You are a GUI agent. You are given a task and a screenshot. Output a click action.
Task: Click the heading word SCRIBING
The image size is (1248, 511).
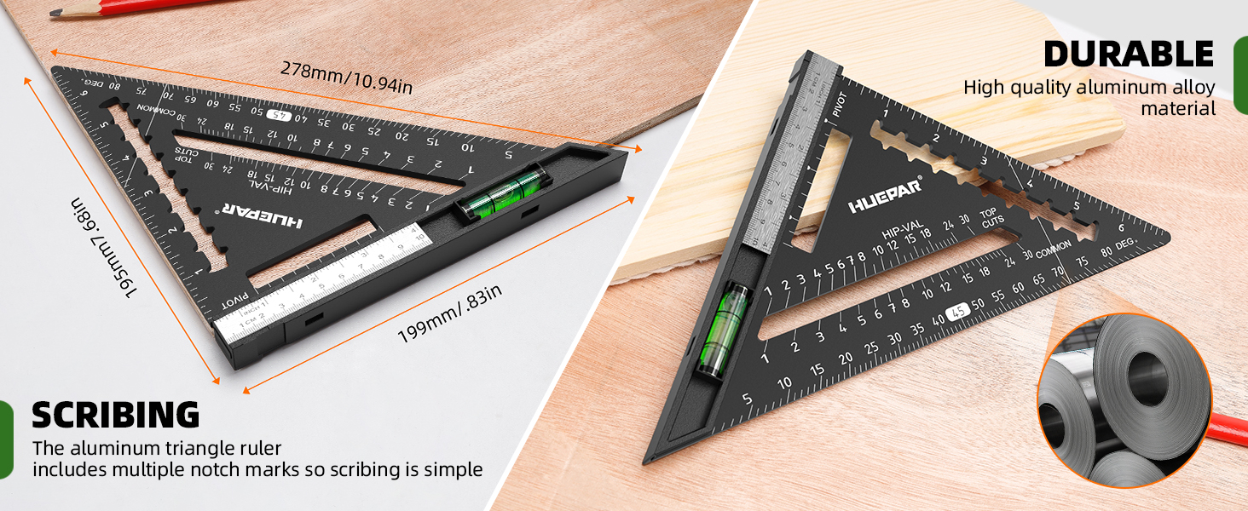(116, 415)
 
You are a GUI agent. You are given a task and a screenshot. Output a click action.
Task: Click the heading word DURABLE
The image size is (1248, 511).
(1129, 54)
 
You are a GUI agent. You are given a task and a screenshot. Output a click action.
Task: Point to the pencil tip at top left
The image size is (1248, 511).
(56, 13)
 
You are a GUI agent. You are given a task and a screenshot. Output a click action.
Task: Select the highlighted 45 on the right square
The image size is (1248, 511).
(959, 312)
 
